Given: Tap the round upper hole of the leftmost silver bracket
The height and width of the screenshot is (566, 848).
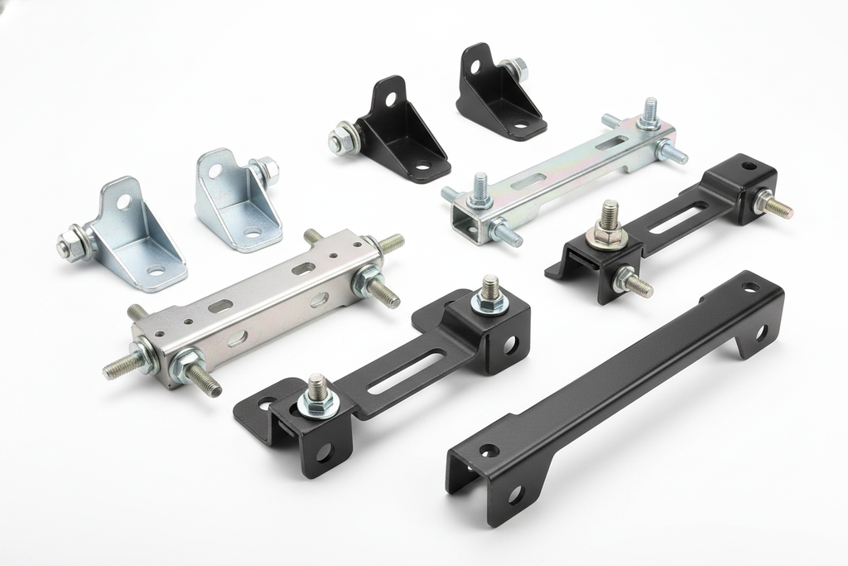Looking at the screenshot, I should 123,201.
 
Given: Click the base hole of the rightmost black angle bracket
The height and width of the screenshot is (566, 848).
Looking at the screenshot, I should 519,126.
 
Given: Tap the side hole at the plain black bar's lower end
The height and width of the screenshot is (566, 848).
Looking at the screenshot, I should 514,496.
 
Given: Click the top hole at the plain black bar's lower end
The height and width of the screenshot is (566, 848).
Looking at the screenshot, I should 489,452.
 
